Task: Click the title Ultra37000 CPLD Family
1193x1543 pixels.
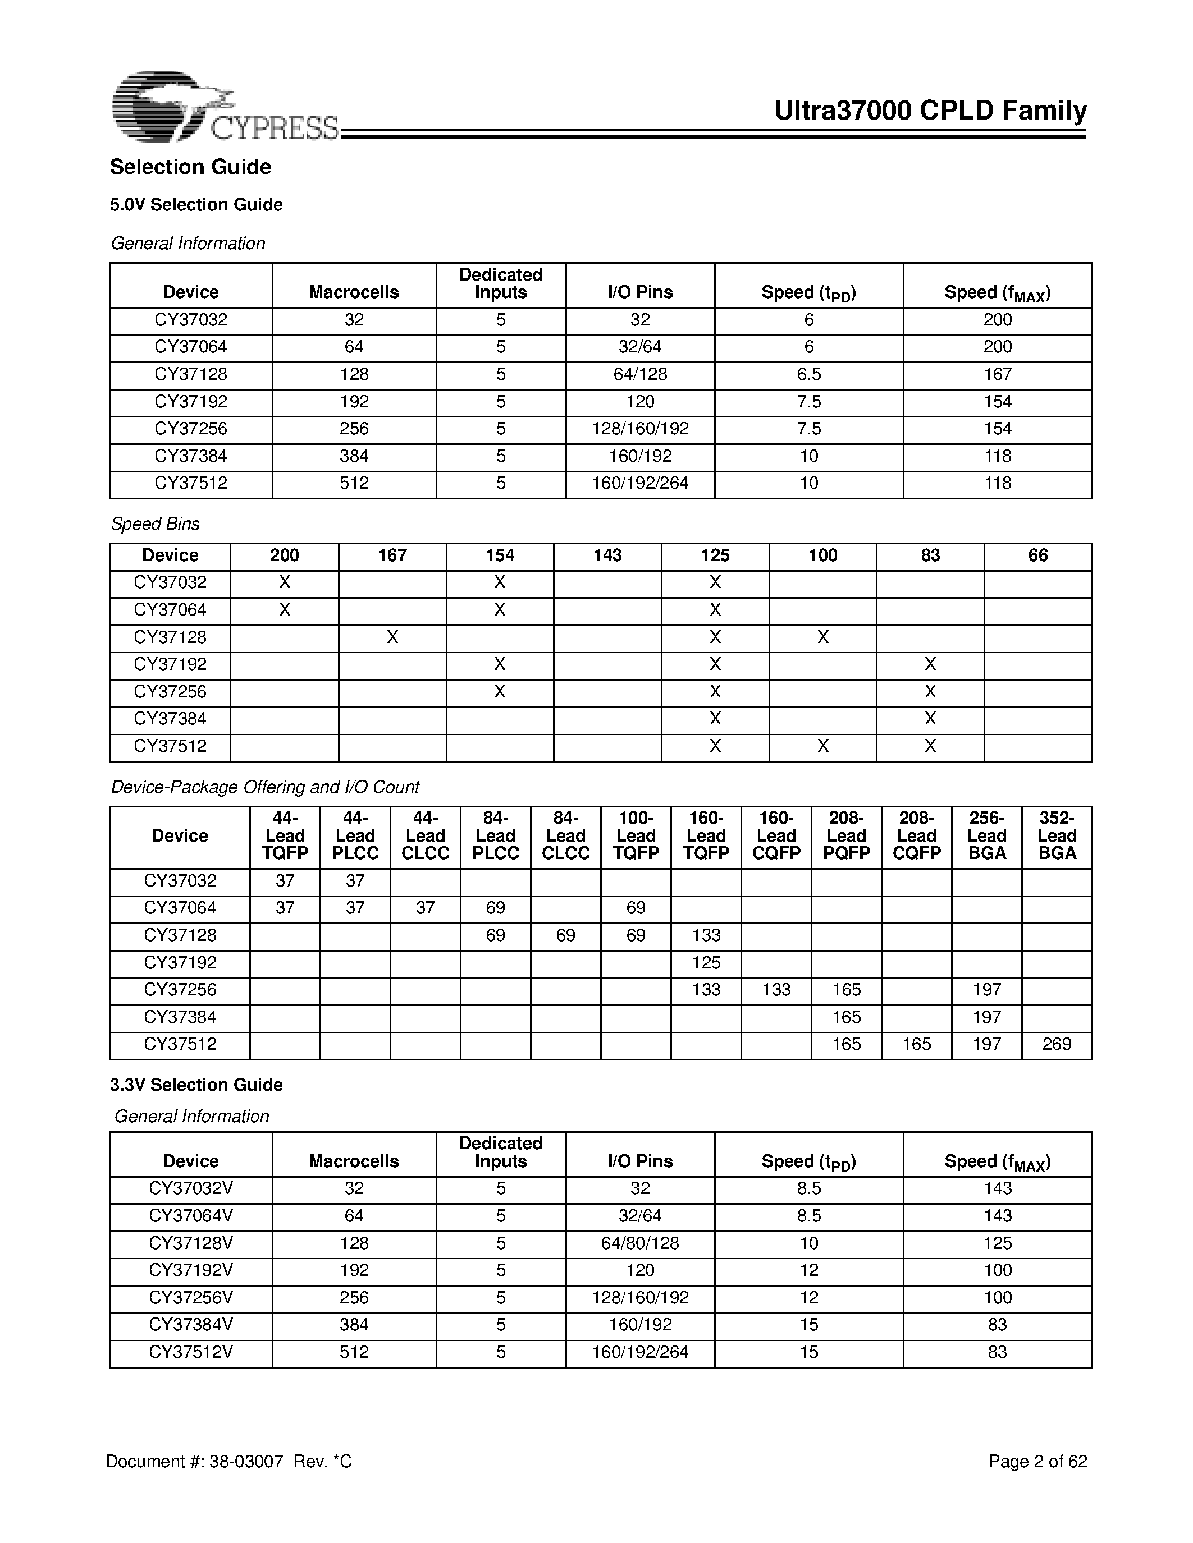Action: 930,111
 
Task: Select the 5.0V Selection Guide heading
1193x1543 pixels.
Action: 196,204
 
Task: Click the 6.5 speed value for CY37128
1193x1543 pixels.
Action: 808,374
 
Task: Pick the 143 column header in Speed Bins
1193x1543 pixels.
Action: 607,555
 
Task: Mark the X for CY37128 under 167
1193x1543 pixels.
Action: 392,637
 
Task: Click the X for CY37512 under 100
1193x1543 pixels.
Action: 822,746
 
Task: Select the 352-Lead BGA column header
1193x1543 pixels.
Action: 1057,836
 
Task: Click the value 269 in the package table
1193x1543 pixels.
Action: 1057,1044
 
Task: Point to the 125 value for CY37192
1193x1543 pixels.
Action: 706,962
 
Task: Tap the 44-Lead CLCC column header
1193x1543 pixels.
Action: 426,836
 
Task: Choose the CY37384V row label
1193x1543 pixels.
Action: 191,1325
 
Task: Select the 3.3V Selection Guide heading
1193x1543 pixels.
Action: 196,1085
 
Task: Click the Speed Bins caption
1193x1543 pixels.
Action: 155,523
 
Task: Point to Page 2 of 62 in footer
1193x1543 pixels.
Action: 1037,1462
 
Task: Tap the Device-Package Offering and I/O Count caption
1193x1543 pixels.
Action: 265,787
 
